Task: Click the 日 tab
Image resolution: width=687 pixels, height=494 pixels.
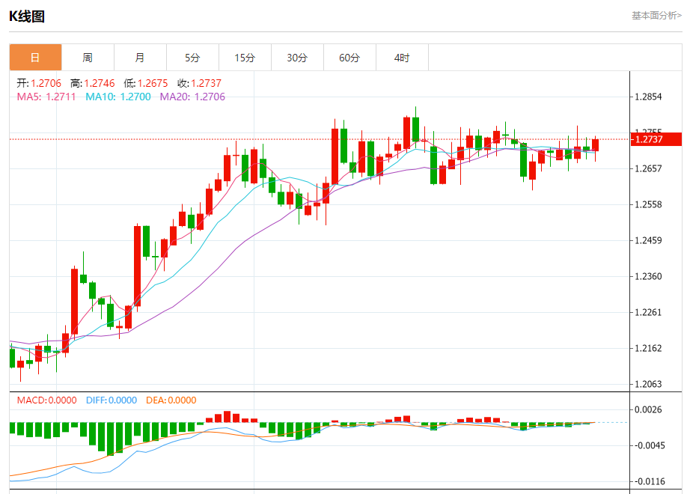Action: click(x=35, y=58)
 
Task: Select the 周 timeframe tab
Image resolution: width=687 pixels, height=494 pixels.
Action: click(x=88, y=58)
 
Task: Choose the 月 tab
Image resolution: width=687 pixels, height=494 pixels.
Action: click(x=140, y=58)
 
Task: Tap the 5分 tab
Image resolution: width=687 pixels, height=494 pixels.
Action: click(x=192, y=58)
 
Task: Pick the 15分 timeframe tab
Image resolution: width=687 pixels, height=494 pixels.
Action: click(x=245, y=58)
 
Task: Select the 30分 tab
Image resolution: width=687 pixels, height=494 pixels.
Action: click(x=297, y=58)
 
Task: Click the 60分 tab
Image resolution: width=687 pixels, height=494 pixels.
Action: click(x=349, y=58)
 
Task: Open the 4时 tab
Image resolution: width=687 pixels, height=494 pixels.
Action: click(x=402, y=58)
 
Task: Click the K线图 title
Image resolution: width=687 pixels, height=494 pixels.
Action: click(x=27, y=16)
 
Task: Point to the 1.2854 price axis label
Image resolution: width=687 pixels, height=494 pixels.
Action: click(x=648, y=97)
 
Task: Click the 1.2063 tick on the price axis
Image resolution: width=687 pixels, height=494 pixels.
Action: click(x=648, y=384)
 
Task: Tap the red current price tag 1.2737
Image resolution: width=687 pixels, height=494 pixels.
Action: click(x=656, y=139)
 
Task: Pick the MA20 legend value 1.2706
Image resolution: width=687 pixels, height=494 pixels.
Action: click(x=210, y=97)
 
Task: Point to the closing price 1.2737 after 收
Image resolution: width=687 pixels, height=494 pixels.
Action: click(x=206, y=83)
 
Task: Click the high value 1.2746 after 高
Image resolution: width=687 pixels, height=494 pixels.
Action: click(x=100, y=83)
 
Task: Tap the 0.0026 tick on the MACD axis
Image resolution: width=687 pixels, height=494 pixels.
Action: click(x=648, y=409)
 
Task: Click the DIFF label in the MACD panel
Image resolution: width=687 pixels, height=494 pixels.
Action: click(x=95, y=400)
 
